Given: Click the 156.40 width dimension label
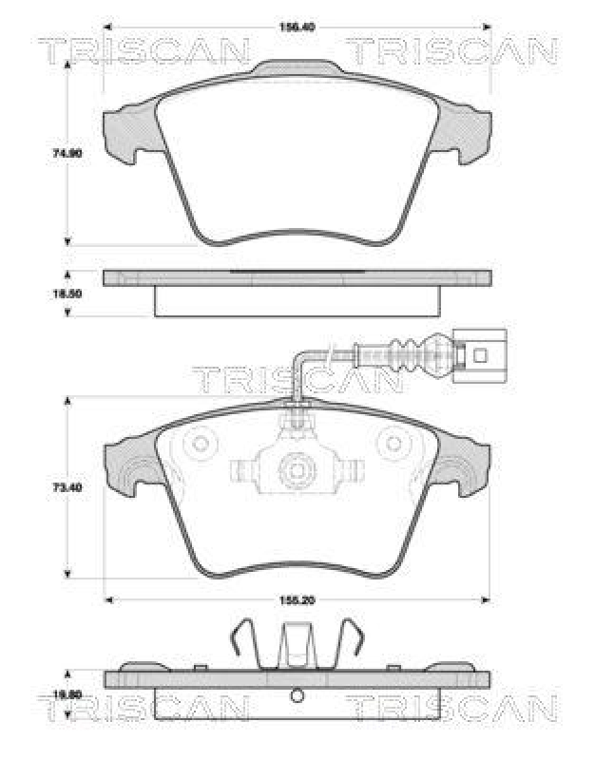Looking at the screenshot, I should pos(297,27).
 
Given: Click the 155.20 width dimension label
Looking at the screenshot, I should pos(297,601).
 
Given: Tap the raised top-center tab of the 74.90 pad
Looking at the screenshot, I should pos(297,68).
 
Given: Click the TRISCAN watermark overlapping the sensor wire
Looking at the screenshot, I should pos(297,380).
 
